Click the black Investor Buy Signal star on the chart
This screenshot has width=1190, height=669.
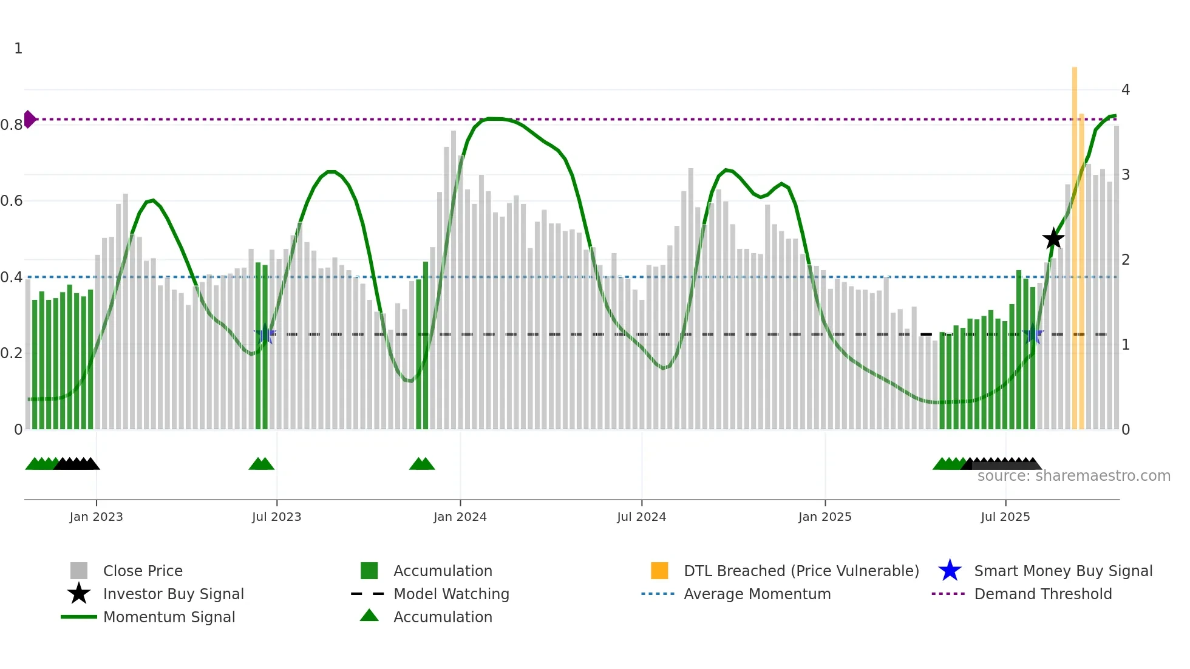(1053, 239)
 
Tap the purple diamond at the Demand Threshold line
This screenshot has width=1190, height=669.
(29, 119)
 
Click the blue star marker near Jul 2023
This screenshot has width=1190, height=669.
(265, 334)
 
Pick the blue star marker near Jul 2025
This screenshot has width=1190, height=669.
(1032, 334)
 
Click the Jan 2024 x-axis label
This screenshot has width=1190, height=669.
(460, 517)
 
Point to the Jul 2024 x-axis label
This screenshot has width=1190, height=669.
(641, 517)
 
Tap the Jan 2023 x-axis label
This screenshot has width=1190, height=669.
(96, 517)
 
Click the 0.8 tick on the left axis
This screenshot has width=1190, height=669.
(12, 125)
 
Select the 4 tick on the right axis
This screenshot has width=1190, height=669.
(1126, 90)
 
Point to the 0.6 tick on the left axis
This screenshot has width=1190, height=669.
(12, 201)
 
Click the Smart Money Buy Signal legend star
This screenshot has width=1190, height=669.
(950, 571)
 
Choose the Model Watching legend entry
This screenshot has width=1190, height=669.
(451, 594)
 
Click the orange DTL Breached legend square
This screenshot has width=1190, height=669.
(659, 571)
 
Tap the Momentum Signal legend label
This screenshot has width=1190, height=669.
(169, 617)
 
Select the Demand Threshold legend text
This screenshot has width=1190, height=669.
(1042, 594)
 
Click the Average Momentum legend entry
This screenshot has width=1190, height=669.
(757, 594)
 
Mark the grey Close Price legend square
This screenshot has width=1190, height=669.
(79, 571)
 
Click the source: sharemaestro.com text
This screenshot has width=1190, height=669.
(1073, 476)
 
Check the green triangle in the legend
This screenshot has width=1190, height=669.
(369, 616)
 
